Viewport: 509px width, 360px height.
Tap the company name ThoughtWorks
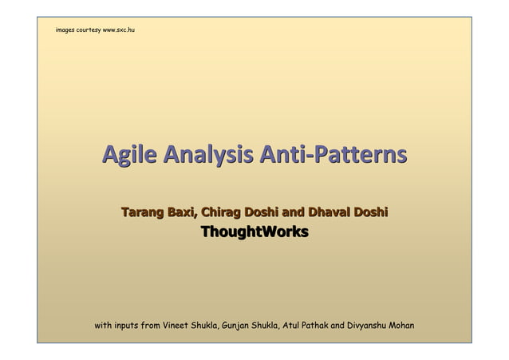tap(254, 232)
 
